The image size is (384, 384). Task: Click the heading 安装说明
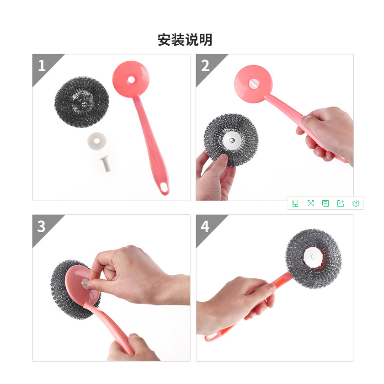(185, 40)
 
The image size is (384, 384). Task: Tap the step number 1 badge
(42, 66)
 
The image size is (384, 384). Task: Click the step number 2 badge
(205, 66)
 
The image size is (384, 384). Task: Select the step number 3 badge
(42, 227)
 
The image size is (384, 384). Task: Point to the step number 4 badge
(205, 227)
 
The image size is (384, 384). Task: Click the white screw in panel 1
(106, 163)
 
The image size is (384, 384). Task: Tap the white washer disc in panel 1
(97, 141)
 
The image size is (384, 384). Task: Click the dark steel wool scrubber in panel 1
(82, 101)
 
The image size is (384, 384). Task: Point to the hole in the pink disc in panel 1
(131, 80)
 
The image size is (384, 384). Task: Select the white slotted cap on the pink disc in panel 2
(253, 84)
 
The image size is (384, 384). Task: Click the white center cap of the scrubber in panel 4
(313, 257)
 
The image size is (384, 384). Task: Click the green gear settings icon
(356, 203)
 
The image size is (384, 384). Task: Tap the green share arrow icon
(341, 203)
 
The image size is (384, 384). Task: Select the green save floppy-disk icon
(325, 203)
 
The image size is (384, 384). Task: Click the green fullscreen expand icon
(310, 203)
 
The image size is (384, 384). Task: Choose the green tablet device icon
(295, 203)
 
